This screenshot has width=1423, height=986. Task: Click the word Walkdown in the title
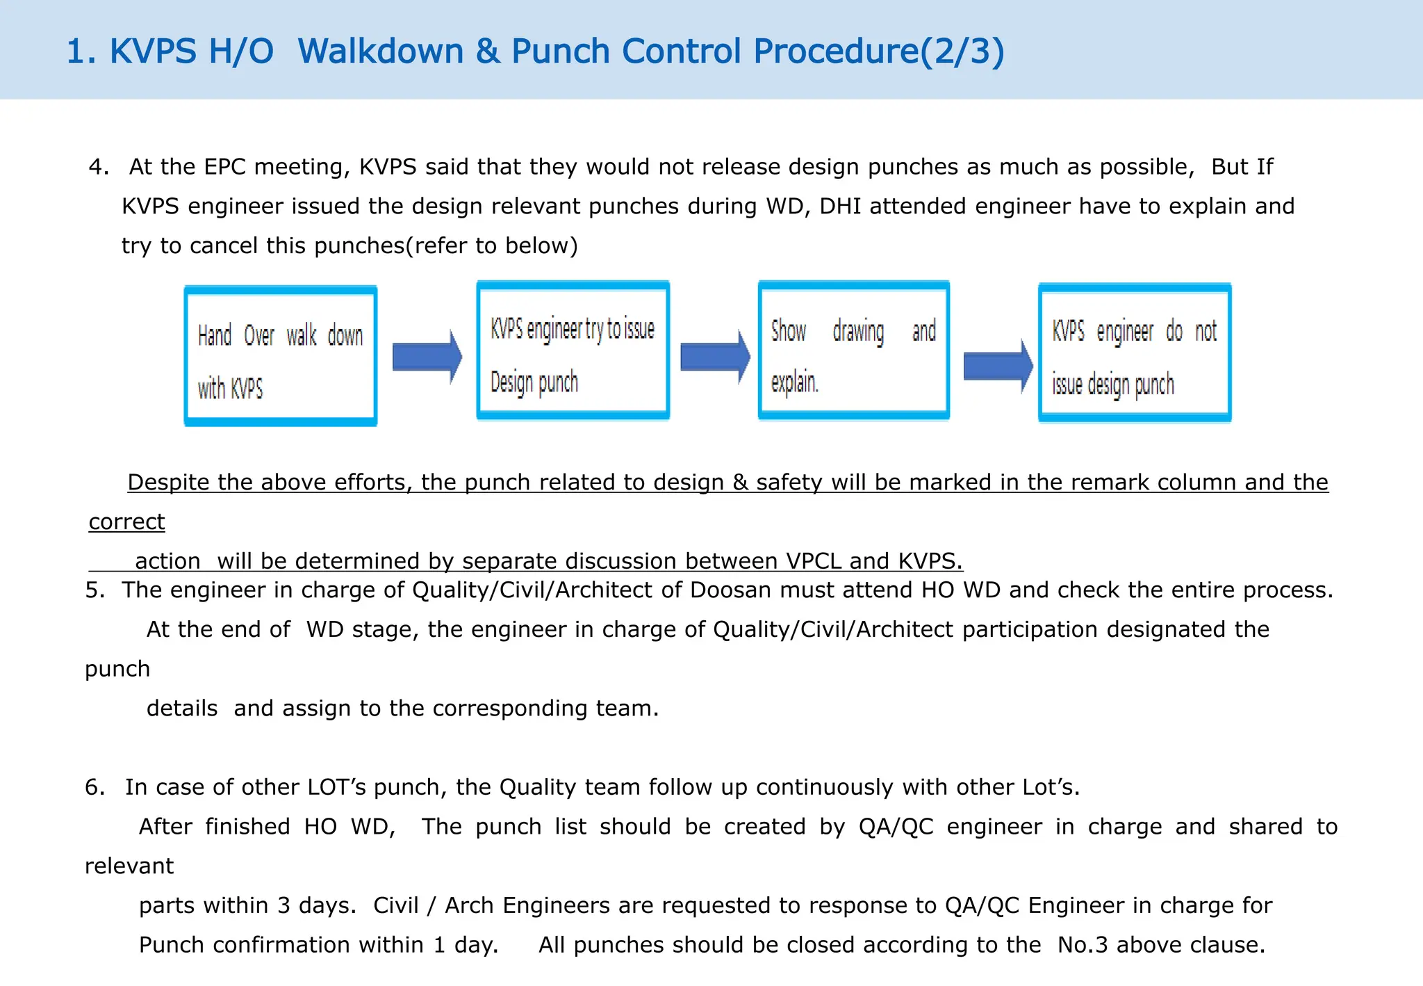point(380,51)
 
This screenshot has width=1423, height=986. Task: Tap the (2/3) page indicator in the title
point(962,51)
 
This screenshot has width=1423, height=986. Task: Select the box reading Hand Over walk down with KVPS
point(281,355)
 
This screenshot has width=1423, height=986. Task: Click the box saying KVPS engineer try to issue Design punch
point(573,350)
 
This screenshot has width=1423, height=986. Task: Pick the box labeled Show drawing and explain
point(853,350)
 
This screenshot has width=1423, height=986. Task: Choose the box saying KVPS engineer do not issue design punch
point(1134,353)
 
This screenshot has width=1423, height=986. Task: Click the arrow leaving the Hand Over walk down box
point(426,357)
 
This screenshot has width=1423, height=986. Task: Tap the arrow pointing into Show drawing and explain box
point(714,357)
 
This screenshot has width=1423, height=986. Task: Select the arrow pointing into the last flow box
point(998,366)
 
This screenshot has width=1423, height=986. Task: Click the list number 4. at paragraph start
point(98,167)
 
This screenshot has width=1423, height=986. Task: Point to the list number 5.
point(94,590)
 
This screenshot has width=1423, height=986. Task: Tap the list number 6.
point(94,787)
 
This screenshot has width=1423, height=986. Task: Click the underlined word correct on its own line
point(126,522)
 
